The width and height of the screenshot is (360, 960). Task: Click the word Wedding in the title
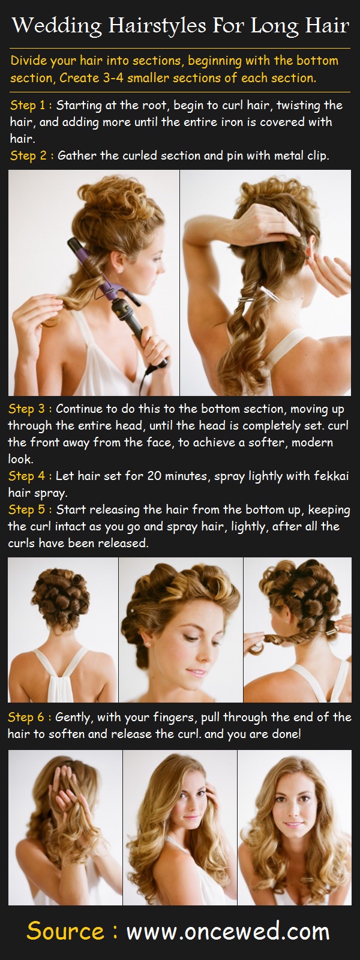click(x=57, y=26)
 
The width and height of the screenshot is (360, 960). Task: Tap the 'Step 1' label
click(x=28, y=106)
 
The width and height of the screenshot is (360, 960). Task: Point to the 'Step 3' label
click(x=26, y=409)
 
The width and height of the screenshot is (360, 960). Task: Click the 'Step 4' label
click(x=26, y=476)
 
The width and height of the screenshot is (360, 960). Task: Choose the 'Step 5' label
click(x=26, y=509)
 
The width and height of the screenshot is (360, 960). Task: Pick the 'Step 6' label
click(x=26, y=717)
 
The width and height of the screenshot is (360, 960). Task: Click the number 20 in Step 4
click(x=154, y=476)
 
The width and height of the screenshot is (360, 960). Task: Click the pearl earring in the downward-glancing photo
click(x=148, y=644)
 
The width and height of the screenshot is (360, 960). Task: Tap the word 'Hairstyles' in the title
click(x=157, y=26)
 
